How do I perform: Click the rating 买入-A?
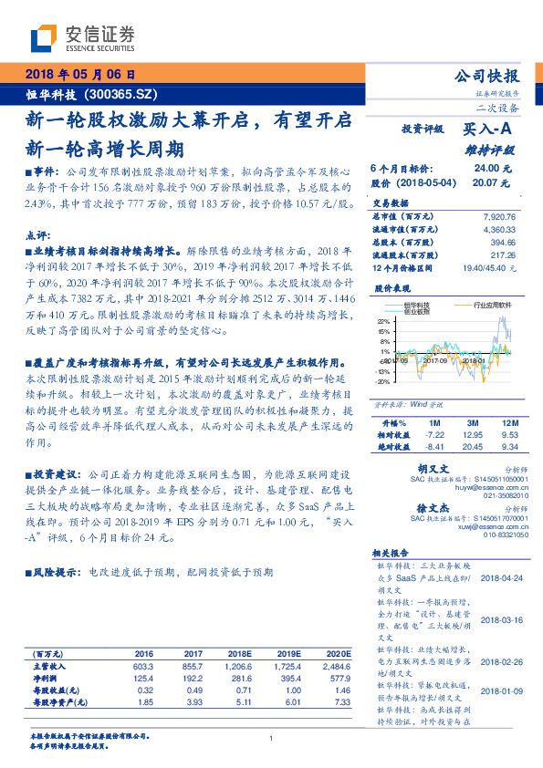(488, 130)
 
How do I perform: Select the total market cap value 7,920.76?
(496, 217)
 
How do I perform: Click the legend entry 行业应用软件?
(492, 306)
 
